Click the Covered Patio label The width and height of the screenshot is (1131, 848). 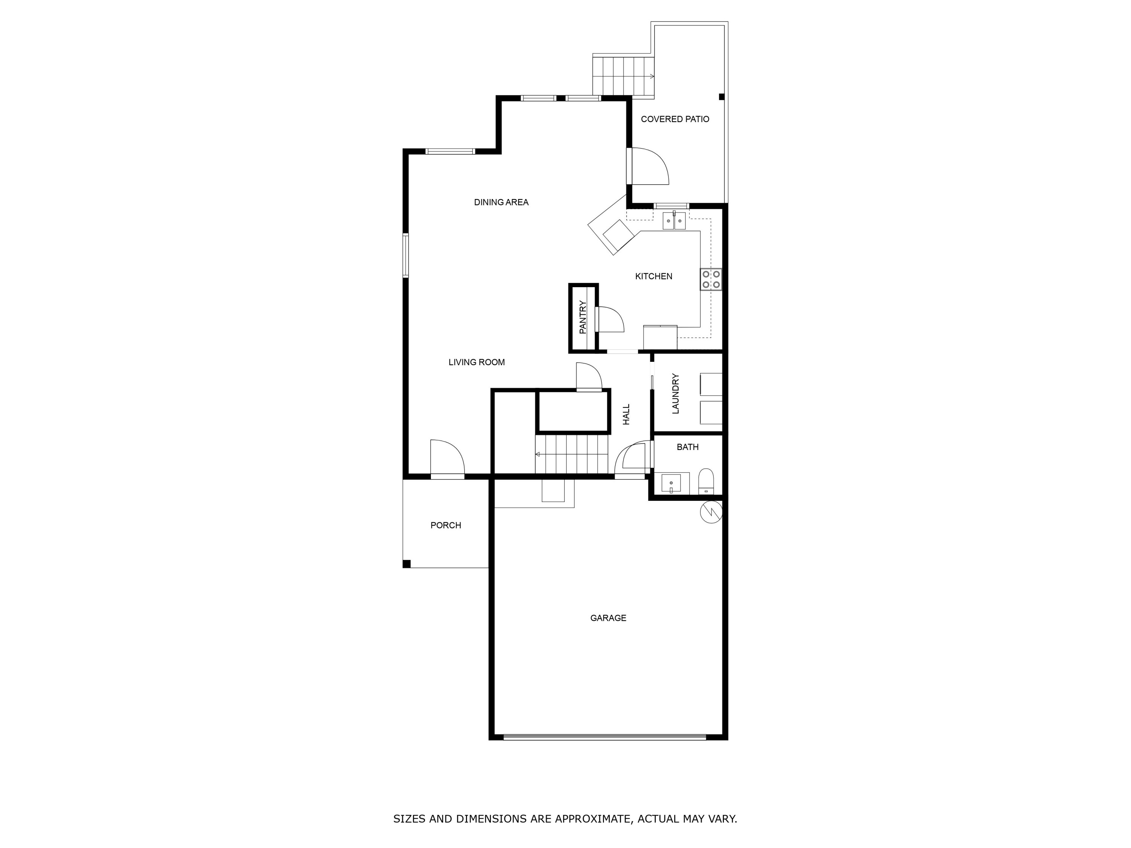pyautogui.click(x=675, y=119)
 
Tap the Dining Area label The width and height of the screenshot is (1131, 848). pyautogui.click(x=501, y=202)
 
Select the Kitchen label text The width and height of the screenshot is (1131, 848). pyautogui.click(x=653, y=277)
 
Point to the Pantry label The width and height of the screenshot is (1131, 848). pyautogui.click(x=583, y=317)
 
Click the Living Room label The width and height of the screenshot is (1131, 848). pyautogui.click(x=477, y=363)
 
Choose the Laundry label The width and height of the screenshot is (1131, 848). pyautogui.click(x=676, y=393)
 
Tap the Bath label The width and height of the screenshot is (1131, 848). pyautogui.click(x=687, y=447)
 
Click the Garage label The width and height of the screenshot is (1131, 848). pyautogui.click(x=608, y=618)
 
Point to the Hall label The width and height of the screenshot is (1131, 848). pyautogui.click(x=626, y=415)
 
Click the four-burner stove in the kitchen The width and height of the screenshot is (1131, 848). pyautogui.click(x=711, y=279)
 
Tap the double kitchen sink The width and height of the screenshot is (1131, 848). pyautogui.click(x=674, y=221)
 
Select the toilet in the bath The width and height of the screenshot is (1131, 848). pyautogui.click(x=706, y=481)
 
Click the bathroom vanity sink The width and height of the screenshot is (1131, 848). pyautogui.click(x=671, y=482)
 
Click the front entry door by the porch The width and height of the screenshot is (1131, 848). pyautogui.click(x=447, y=459)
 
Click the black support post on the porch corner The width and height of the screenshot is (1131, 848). pyautogui.click(x=406, y=564)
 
